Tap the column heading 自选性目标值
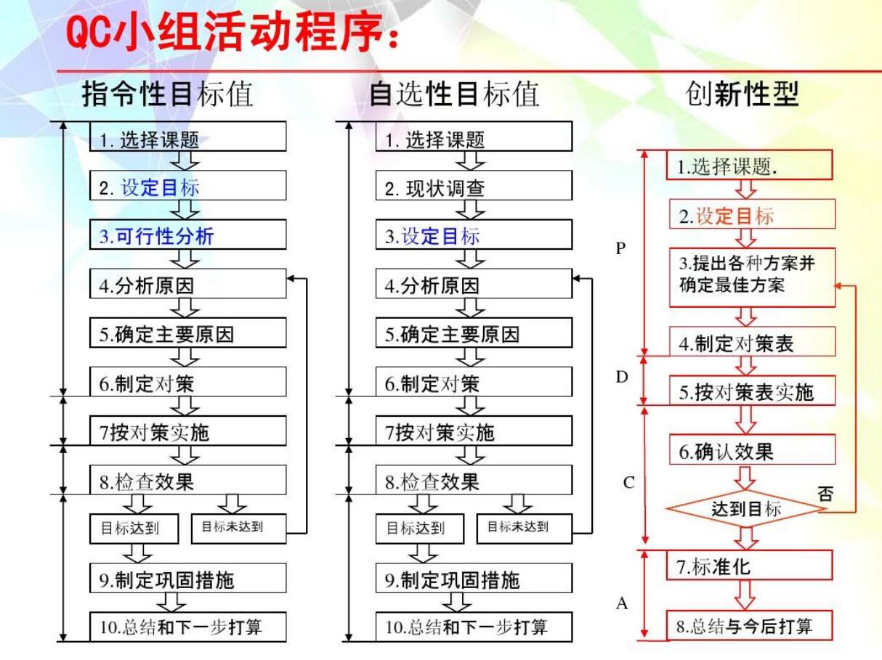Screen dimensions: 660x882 (454, 94)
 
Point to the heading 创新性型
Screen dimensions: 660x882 (742, 94)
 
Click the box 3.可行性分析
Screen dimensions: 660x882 (187, 235)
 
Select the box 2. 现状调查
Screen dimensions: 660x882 (473, 189)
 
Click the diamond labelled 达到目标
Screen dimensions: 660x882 (746, 509)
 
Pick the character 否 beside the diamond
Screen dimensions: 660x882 (825, 494)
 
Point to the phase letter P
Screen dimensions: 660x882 (620, 248)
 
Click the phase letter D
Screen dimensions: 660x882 (622, 377)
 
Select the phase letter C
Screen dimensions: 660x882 (629, 482)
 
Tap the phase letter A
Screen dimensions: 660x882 (622, 603)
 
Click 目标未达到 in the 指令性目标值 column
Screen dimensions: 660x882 (238, 528)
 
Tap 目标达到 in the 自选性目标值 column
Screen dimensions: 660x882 (419, 528)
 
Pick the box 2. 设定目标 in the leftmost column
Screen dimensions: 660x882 (187, 188)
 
